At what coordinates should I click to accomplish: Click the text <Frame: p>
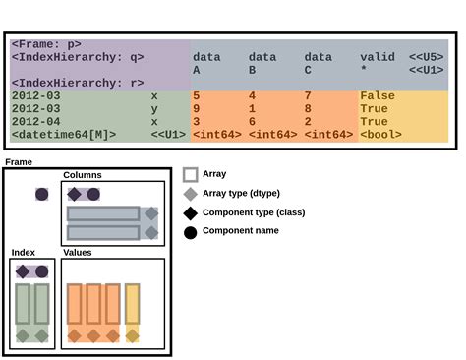coord(46,44)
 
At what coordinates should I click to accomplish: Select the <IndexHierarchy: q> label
coord(77,57)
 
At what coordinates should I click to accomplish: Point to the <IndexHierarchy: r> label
coord(77,83)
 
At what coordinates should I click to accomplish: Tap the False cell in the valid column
coord(379,95)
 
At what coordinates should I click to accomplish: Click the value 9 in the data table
coord(197,108)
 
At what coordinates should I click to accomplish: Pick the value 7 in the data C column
coord(308,95)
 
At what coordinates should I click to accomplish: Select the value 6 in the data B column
coord(253,121)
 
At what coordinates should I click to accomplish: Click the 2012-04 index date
coord(36,121)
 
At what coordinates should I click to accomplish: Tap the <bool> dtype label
coord(380,134)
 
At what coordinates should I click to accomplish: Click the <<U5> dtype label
coord(426,57)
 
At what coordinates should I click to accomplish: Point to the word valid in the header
coord(378,57)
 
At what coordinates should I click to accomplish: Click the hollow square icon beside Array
coord(191,174)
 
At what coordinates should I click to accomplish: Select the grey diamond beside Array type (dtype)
coord(191,194)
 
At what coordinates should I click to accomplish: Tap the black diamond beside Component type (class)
coord(191,212)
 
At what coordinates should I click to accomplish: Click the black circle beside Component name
coord(191,232)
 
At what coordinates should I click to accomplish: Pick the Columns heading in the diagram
coord(83,175)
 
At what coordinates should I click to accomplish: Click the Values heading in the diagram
coord(78,253)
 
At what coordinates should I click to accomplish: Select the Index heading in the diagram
coord(24,253)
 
